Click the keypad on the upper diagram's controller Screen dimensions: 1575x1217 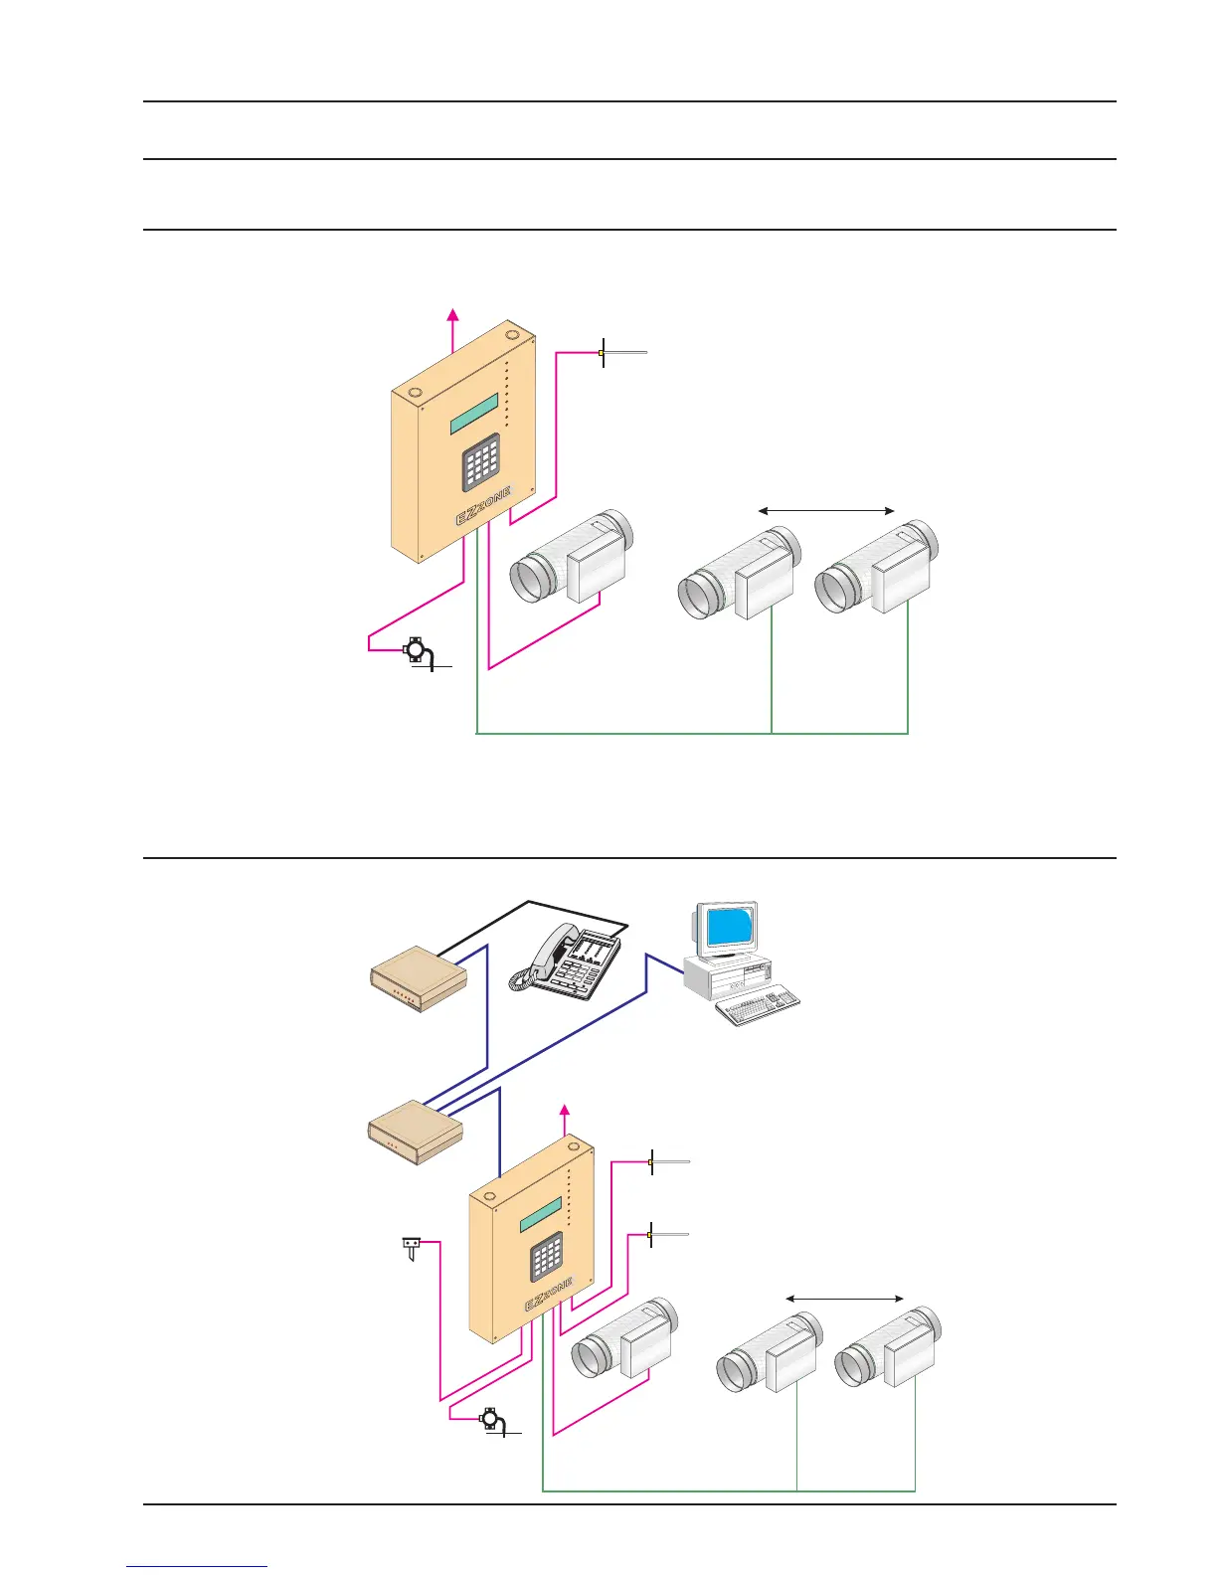point(480,464)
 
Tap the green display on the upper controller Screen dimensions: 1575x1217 point(474,414)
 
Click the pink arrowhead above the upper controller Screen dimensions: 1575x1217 point(453,314)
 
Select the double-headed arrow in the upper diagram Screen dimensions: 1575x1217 point(826,511)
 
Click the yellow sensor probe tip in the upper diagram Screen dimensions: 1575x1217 point(602,352)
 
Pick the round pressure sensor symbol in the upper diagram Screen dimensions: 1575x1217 point(416,651)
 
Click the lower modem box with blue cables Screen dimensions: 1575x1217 point(416,1132)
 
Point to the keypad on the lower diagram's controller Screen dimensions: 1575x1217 point(547,1257)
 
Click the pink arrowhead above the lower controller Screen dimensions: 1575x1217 point(566,1111)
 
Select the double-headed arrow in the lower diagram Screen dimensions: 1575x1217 point(845,1298)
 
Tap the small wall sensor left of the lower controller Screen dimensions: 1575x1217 point(410,1246)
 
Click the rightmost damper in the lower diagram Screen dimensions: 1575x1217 point(888,1349)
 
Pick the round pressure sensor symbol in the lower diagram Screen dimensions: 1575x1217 point(489,1418)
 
